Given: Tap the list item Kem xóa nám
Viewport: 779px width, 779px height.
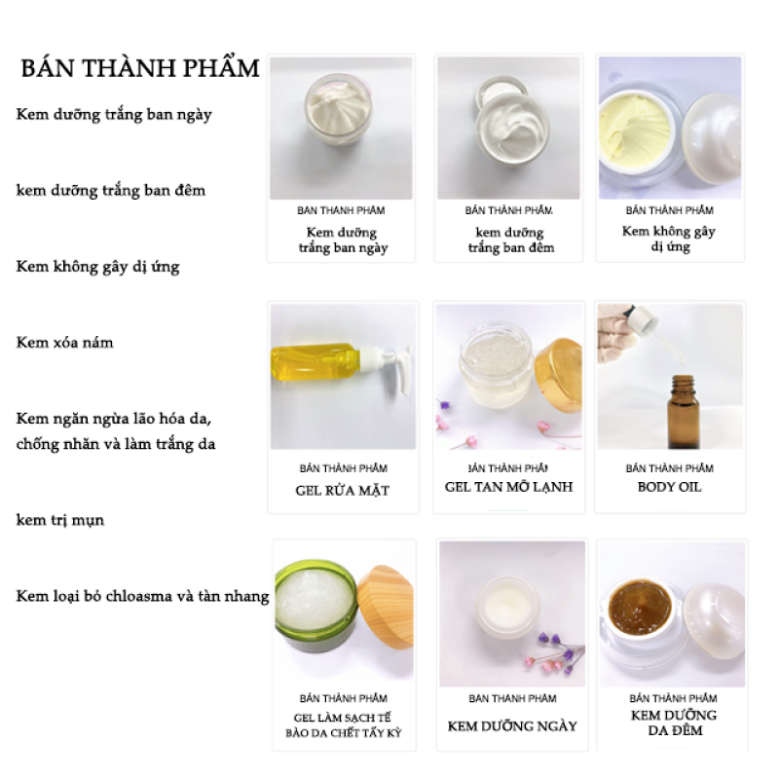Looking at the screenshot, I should click(64, 343).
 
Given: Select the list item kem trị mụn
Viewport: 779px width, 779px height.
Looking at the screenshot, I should click(59, 520).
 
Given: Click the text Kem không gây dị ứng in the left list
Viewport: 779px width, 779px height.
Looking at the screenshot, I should click(97, 266).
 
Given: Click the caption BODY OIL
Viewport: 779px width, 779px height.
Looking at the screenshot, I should click(669, 487).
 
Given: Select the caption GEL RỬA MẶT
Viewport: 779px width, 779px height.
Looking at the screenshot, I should click(342, 491).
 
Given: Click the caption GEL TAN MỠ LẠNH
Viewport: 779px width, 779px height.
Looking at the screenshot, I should click(508, 487).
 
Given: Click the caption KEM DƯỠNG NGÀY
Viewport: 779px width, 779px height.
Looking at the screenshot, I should click(512, 726).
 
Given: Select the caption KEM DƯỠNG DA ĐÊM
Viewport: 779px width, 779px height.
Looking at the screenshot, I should click(673, 723).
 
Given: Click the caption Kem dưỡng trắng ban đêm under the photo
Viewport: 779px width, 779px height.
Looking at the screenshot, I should click(510, 241).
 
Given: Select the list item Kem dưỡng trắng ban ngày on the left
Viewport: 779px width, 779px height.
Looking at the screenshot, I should click(114, 115).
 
